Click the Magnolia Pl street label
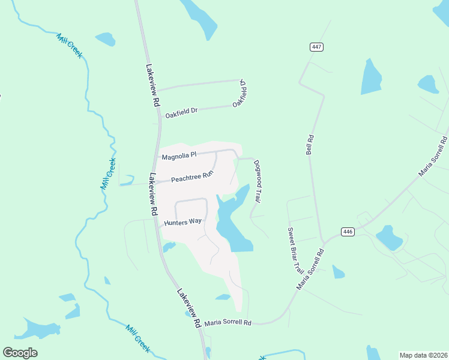[x=179, y=157]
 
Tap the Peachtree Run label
[x=192, y=178]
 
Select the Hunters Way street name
[x=182, y=222]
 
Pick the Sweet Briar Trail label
[x=293, y=250]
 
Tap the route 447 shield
[x=316, y=47]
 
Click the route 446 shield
[x=348, y=232]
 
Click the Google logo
[x=20, y=353]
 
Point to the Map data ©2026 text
[x=423, y=355]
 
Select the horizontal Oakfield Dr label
[x=181, y=111]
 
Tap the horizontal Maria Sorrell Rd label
[x=228, y=323]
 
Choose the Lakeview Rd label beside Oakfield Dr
[x=150, y=86]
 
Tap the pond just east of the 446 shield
[x=389, y=238]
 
